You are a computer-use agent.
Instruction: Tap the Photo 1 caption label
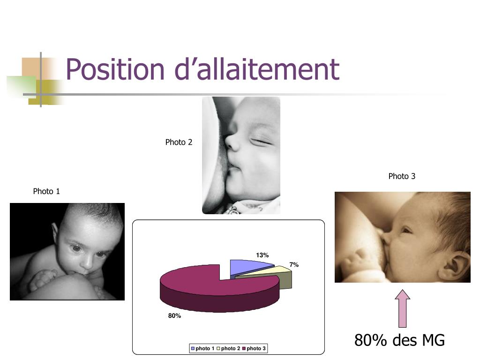tap(46, 191)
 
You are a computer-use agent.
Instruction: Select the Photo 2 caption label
tap(179, 142)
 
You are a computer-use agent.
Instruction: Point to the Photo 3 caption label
tap(402, 176)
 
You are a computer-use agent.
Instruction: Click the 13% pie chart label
tap(262, 255)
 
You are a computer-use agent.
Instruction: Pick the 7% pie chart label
tap(294, 265)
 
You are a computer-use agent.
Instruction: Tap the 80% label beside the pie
tap(174, 316)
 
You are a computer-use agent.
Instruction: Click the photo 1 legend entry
tap(202, 348)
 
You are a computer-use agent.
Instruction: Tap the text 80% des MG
tap(399, 340)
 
